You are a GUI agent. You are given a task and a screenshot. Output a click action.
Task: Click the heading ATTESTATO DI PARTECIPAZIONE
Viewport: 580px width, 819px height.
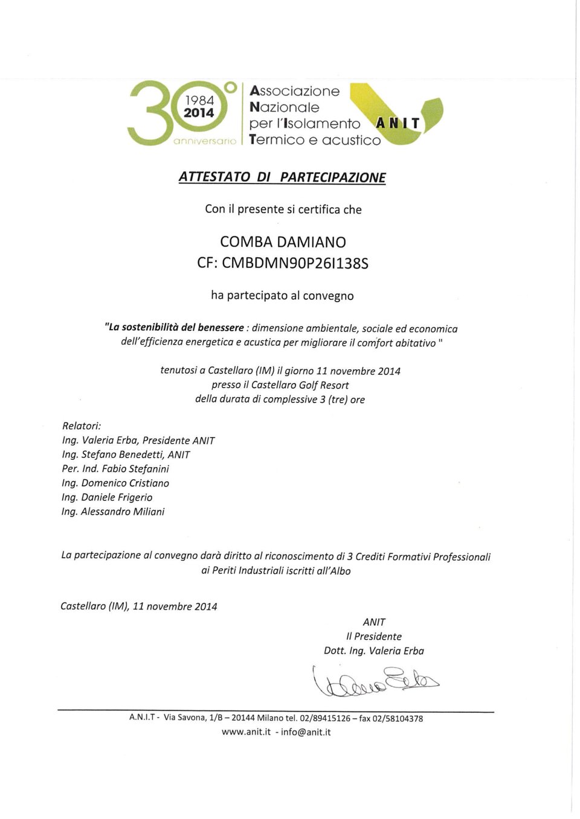tap(282, 177)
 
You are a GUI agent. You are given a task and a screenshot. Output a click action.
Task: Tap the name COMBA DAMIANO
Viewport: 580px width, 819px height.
tap(283, 242)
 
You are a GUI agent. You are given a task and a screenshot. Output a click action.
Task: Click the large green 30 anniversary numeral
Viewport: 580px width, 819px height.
tap(151, 113)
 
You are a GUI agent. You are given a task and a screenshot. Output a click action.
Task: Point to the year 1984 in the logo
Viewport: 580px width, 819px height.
tap(199, 100)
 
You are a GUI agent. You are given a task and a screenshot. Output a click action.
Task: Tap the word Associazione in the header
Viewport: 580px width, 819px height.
tap(295, 92)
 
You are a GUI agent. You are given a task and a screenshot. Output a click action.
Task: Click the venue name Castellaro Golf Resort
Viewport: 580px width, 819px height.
tap(300, 385)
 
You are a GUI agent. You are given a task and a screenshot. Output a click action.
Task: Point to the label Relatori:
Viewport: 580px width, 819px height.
tap(82, 426)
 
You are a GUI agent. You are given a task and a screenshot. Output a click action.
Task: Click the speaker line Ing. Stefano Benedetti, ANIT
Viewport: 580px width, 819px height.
tap(126, 454)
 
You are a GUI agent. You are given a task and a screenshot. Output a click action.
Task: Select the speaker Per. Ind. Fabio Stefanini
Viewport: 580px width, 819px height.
tap(115, 469)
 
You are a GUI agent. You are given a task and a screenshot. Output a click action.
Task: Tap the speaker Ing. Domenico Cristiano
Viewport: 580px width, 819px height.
tap(115, 483)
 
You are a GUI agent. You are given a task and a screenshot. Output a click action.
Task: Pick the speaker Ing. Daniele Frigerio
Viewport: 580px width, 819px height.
tap(107, 497)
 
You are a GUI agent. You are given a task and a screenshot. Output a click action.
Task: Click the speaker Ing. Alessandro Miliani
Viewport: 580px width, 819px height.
tap(113, 512)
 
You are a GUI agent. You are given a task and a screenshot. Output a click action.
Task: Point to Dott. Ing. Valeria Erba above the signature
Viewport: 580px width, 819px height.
tap(374, 651)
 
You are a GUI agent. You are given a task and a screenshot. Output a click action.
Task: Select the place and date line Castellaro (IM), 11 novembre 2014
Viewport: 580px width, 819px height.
tap(139, 606)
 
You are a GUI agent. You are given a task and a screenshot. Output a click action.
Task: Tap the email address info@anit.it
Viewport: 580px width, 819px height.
tap(306, 732)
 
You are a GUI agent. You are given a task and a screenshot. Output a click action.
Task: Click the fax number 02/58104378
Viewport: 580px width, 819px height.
tap(398, 718)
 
